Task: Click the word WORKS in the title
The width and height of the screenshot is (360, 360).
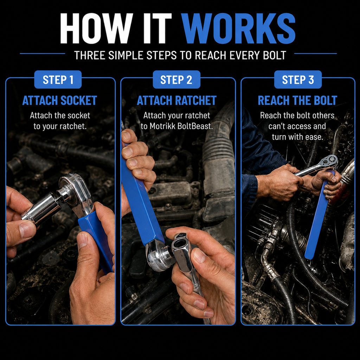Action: pyautogui.click(x=239, y=28)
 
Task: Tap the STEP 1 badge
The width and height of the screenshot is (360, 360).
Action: pyautogui.click(x=58, y=80)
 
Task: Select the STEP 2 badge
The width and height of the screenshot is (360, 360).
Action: pyautogui.click(x=176, y=80)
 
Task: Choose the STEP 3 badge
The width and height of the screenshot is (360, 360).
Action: pyautogui.click(x=298, y=80)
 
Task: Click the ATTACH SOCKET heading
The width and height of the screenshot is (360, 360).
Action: pyautogui.click(x=60, y=101)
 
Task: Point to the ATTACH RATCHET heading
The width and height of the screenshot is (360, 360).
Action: pyautogui.click(x=176, y=101)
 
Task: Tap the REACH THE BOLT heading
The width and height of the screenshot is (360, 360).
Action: pyautogui.click(x=297, y=101)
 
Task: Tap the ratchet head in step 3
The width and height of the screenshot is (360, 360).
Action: pyautogui.click(x=329, y=161)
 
